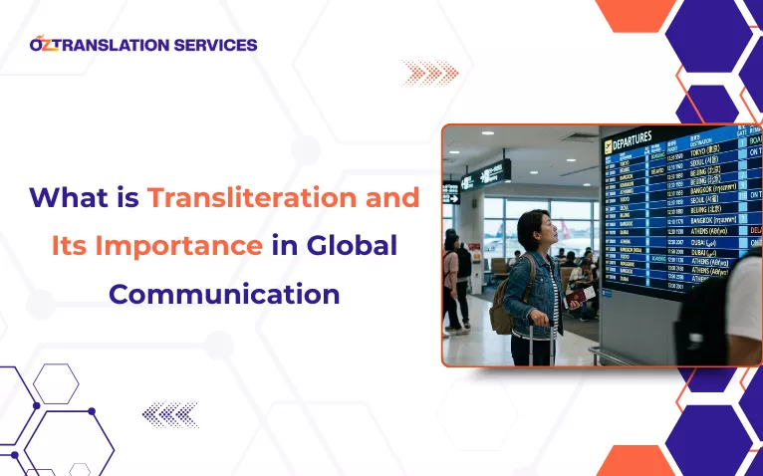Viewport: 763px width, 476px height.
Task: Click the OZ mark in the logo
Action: (x=44, y=44)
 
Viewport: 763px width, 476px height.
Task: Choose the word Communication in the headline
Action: (x=224, y=294)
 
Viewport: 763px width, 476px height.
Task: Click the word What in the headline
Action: (x=66, y=197)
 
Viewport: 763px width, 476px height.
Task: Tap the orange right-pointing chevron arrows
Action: (x=429, y=72)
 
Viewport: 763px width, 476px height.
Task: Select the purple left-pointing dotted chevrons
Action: (x=170, y=413)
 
